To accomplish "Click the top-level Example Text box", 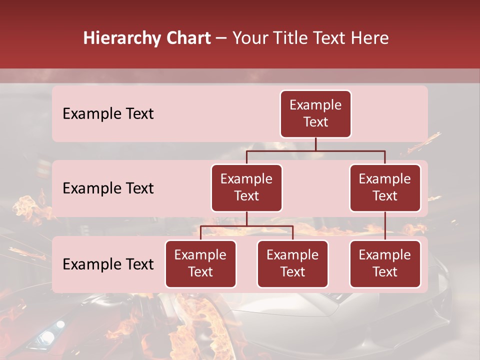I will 315,114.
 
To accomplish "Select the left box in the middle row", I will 246,188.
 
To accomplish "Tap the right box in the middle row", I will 385,188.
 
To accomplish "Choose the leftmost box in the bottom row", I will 200,264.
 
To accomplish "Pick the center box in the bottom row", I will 292,264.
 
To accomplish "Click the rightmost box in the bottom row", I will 385,264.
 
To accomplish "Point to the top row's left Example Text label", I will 108,114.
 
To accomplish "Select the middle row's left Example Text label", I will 108,188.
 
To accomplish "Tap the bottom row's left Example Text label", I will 108,264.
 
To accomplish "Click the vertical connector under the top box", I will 315,144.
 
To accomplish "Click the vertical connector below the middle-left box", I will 246,218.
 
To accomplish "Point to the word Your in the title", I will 249,38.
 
